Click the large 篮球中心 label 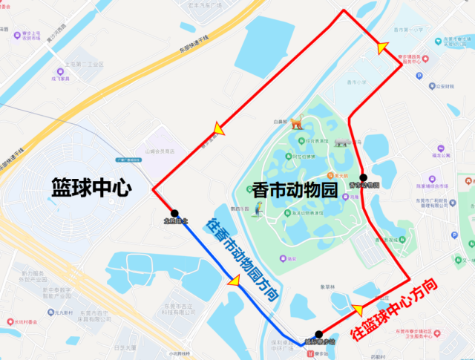[91, 186]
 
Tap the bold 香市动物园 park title [294, 189]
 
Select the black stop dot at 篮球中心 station [174, 214]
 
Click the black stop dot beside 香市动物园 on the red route [363, 177]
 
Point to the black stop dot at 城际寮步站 [318, 335]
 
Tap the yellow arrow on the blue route [235, 281]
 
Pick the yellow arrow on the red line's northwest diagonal [219, 130]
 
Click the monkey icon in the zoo [297, 123]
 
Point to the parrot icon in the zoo [258, 212]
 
